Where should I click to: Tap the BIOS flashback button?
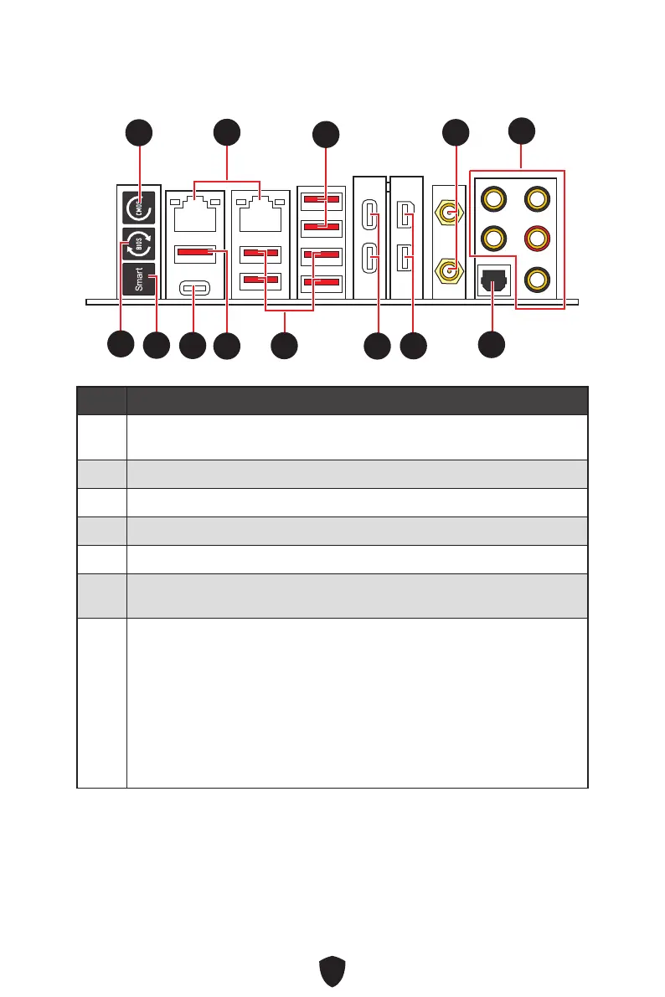(x=138, y=243)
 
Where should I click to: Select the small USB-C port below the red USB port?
(x=195, y=290)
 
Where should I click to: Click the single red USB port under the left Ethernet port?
(x=195, y=252)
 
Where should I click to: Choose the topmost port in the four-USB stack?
(x=322, y=199)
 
